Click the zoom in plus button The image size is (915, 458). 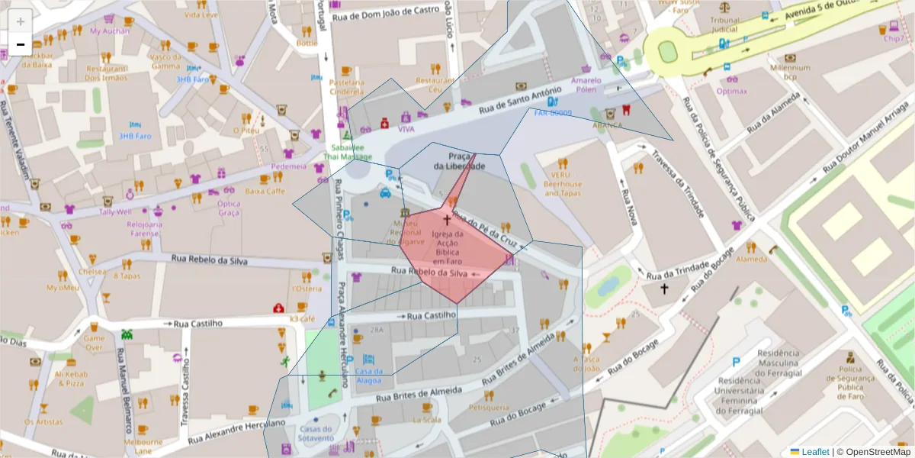tap(21, 21)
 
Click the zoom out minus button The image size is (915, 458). tap(21, 44)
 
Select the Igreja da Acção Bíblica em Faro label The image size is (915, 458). tap(448, 248)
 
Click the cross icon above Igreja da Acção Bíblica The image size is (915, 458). tap(447, 220)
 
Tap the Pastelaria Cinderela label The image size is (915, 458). tap(347, 87)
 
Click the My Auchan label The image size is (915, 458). tap(110, 31)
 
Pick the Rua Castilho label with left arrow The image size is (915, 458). tap(432, 314)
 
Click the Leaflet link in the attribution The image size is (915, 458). tap(815, 452)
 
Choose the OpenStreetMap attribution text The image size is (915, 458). tap(878, 452)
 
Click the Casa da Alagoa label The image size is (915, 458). tap(368, 375)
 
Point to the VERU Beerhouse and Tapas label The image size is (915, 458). tap(563, 184)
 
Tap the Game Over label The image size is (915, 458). tap(94, 343)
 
